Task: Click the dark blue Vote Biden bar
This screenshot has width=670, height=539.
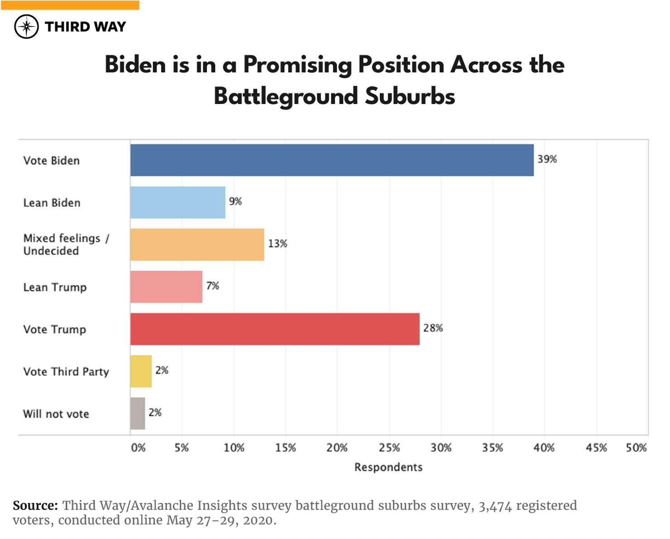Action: pyautogui.click(x=332, y=160)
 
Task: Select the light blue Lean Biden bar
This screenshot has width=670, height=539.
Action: pyautogui.click(x=177, y=202)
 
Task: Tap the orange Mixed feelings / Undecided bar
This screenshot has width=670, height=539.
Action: pyautogui.click(x=197, y=245)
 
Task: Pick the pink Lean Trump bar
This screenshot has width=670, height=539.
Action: pyautogui.click(x=166, y=287)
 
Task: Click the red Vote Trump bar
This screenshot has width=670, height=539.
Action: pyautogui.click(x=275, y=329)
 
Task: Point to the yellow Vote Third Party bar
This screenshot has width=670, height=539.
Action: pyautogui.click(x=141, y=371)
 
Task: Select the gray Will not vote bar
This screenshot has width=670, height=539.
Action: pyautogui.click(x=138, y=413)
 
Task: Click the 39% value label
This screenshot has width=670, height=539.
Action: pyautogui.click(x=547, y=159)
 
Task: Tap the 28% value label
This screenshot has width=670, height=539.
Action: pyautogui.click(x=433, y=328)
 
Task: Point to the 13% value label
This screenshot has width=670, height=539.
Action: pyautogui.click(x=278, y=244)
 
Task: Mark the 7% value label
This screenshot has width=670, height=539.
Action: pyautogui.click(x=212, y=286)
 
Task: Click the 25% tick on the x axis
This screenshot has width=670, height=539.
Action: pyautogui.click(x=389, y=448)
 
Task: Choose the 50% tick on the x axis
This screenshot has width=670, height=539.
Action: pyautogui.click(x=636, y=448)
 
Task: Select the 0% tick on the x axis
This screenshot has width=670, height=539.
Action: pyautogui.click(x=138, y=448)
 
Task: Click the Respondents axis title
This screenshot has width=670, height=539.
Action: pyautogui.click(x=388, y=467)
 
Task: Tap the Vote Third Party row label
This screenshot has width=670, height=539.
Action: pyautogui.click(x=66, y=372)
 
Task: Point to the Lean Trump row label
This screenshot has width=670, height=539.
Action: pyautogui.click(x=55, y=287)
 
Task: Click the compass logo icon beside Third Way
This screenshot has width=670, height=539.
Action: pyautogui.click(x=26, y=27)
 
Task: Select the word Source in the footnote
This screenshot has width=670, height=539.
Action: pyautogui.click(x=35, y=506)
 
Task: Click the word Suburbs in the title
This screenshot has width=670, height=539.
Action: pyautogui.click(x=410, y=96)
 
